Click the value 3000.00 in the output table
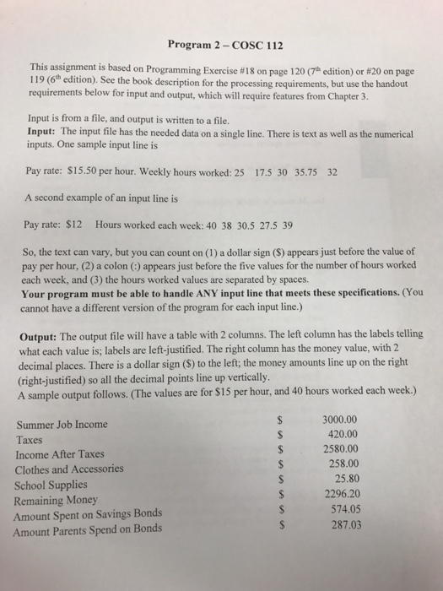coord(341,418)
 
